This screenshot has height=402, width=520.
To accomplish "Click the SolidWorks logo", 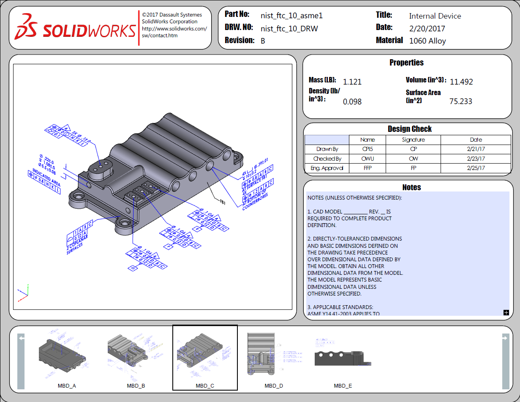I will click(x=76, y=28).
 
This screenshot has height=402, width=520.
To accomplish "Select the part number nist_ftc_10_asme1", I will click(x=291, y=16).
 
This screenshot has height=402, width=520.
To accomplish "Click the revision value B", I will click(x=263, y=41).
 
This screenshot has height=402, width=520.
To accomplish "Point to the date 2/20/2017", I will click(x=427, y=29).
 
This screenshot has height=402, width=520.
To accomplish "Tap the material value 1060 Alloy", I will click(x=427, y=41).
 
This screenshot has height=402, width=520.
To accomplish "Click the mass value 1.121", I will click(x=352, y=82).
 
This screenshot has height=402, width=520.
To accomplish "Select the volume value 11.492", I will click(x=461, y=82).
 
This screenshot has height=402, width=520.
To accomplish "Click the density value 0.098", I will click(x=352, y=102).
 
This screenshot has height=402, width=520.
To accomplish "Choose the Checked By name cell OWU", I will click(x=368, y=159).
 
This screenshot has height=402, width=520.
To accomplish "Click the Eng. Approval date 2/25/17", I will click(x=476, y=168).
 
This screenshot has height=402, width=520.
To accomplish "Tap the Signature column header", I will click(x=414, y=139).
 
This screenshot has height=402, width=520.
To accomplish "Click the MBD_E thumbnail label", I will click(x=343, y=386).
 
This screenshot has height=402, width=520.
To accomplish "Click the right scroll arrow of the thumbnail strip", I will click(x=506, y=338).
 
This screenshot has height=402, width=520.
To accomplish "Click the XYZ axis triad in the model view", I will click(x=23, y=294).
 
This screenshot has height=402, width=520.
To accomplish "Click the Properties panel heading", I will click(x=406, y=63).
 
